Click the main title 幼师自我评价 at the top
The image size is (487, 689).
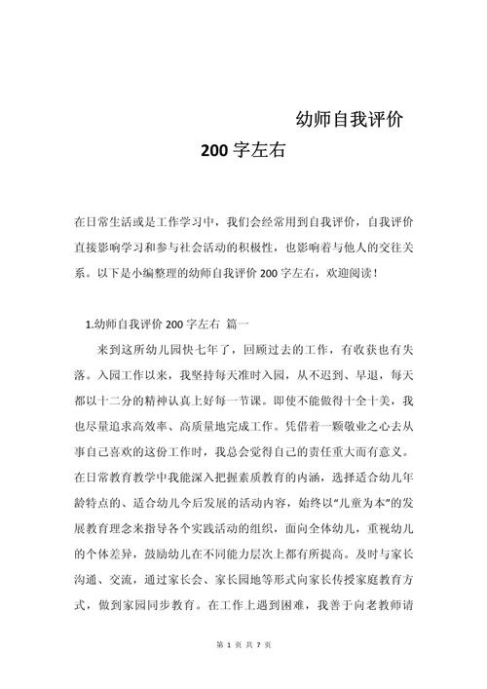(351, 121)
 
